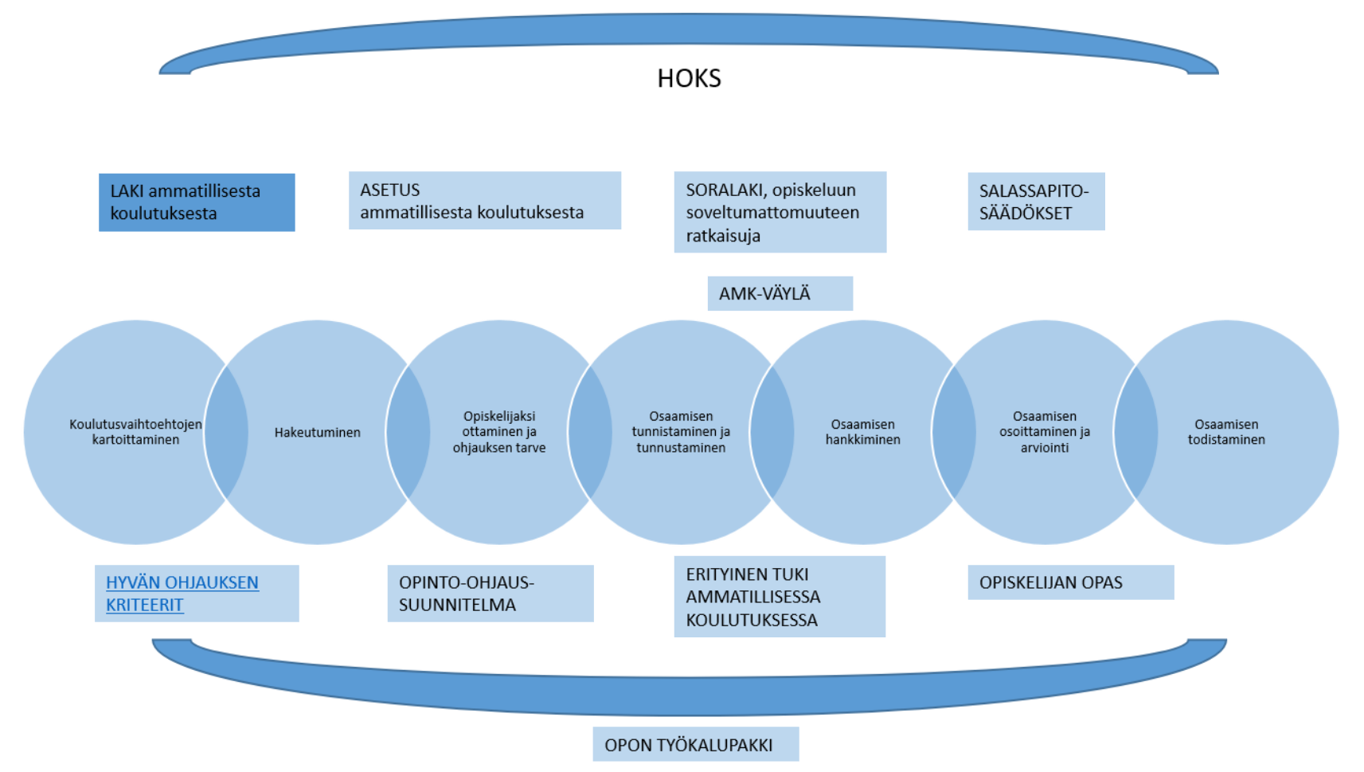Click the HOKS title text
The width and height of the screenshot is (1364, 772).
pyautogui.click(x=689, y=78)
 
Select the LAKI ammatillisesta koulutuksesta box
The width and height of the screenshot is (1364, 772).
pyautogui.click(x=197, y=202)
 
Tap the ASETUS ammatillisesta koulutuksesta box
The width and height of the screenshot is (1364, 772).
pyautogui.click(x=484, y=201)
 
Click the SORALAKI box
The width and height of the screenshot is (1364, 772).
pyautogui.click(x=780, y=212)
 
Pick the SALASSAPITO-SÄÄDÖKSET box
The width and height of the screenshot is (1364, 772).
pyautogui.click(x=1035, y=202)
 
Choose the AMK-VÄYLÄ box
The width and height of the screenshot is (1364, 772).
pyautogui.click(x=780, y=293)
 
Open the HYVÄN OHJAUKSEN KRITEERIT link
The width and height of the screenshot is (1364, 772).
pyautogui.click(x=182, y=594)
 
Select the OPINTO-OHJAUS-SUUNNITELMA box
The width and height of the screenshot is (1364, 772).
pyautogui.click(x=490, y=594)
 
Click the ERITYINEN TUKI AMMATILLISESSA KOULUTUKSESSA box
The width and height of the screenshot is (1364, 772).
pyautogui.click(x=779, y=597)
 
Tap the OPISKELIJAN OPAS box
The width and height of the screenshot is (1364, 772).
pyautogui.click(x=1070, y=582)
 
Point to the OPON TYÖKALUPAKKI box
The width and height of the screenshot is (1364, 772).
pyautogui.click(x=695, y=745)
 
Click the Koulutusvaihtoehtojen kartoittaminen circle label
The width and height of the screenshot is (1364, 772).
pyautogui.click(x=135, y=432)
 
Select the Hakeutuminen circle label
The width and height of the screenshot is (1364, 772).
pyautogui.click(x=317, y=433)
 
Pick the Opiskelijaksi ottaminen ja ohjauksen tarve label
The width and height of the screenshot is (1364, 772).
pyautogui.click(x=499, y=432)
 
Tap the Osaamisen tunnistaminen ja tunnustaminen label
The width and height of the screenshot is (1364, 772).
pyautogui.click(x=681, y=432)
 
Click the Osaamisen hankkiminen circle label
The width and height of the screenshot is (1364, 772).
pyautogui.click(x=862, y=432)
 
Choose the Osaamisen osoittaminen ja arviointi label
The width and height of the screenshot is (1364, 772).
pyautogui.click(x=1044, y=432)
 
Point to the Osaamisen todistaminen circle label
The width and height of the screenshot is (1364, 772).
pyautogui.click(x=1226, y=432)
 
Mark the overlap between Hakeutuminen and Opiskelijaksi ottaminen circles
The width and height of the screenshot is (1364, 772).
pyautogui.click(x=408, y=433)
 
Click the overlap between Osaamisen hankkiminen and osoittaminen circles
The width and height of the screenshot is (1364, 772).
pyautogui.click(x=954, y=433)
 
